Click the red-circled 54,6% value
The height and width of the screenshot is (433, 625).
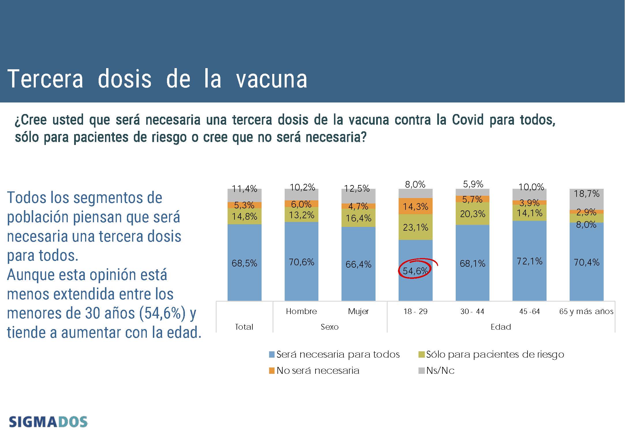coord(415,270)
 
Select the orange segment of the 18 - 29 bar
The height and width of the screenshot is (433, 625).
coord(415,206)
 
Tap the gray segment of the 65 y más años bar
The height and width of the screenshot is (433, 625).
coord(586,199)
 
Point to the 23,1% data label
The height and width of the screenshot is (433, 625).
coord(415,227)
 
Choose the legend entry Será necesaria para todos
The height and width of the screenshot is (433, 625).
coord(334,354)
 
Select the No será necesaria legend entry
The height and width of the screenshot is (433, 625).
coord(314,370)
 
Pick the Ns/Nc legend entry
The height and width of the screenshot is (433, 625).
coord(437,370)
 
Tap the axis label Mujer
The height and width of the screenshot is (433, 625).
coord(358,311)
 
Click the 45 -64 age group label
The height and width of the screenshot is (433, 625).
coord(529,311)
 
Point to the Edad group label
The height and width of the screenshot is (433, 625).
coord(501,327)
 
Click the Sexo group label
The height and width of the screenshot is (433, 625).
coord(330,327)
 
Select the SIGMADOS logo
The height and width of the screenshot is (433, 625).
coord(48,422)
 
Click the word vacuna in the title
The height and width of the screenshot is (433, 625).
coord(271,79)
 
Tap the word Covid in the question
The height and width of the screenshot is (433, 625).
coord(468,120)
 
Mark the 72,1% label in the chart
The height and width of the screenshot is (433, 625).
coord(529,261)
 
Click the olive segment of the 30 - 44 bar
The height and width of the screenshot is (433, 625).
coord(472,214)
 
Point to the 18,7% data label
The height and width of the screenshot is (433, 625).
coord(586,193)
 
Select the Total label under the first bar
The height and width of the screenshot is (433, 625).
coord(244,327)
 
